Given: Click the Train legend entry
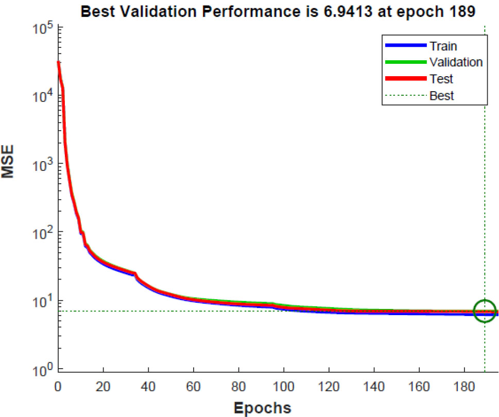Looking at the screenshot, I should (443, 46).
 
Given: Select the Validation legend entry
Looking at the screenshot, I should (456, 62).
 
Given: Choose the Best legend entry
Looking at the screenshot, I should (442, 95).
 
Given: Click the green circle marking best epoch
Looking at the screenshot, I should (485, 311).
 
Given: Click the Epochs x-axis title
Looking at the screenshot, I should (263, 408).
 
